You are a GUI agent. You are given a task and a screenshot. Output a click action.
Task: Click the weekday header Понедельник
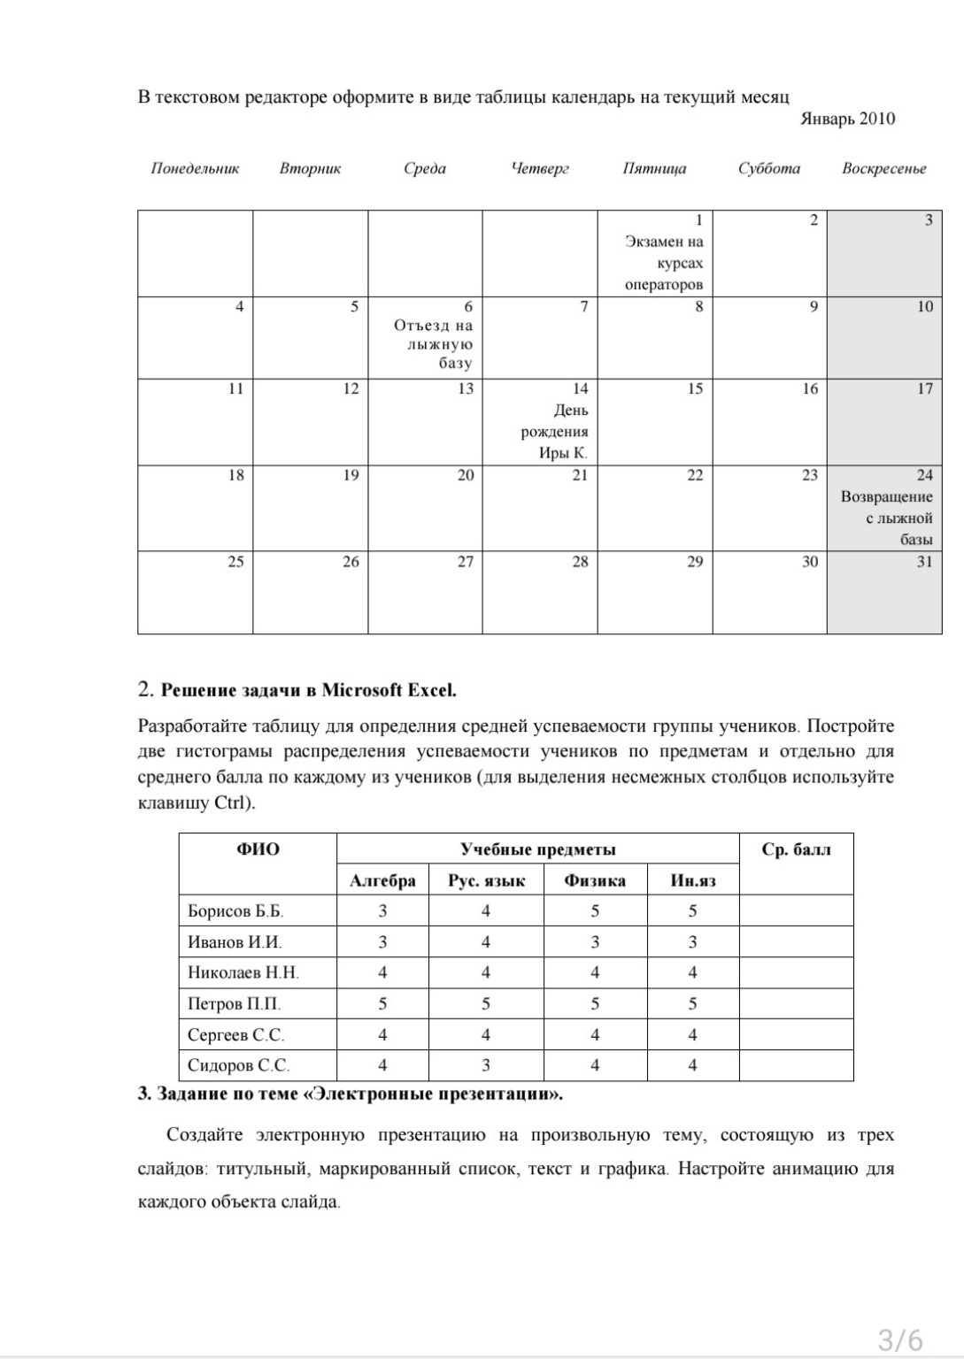195,168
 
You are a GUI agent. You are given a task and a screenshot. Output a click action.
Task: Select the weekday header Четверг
540,168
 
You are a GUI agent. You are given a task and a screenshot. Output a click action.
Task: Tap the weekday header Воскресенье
883,168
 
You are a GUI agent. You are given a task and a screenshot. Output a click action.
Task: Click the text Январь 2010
847,119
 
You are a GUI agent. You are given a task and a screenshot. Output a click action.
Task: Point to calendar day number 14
580,388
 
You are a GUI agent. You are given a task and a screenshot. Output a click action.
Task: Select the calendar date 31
924,562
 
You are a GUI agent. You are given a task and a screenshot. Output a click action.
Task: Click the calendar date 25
235,562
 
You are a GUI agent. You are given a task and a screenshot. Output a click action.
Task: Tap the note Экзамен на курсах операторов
664,263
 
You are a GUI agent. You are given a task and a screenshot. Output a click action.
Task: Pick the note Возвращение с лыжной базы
887,518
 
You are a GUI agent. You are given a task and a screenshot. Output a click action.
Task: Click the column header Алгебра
382,880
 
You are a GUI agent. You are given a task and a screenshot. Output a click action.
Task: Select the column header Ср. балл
796,850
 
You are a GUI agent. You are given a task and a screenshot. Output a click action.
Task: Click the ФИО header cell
258,850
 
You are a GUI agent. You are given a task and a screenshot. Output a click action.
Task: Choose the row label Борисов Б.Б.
235,910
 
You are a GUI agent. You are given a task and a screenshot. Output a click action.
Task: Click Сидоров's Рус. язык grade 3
486,1065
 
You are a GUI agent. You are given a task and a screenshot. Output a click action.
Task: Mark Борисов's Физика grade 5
595,910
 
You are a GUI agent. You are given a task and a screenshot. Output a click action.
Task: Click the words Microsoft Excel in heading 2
389,690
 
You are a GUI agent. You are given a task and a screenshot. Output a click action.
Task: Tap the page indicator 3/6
900,1340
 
